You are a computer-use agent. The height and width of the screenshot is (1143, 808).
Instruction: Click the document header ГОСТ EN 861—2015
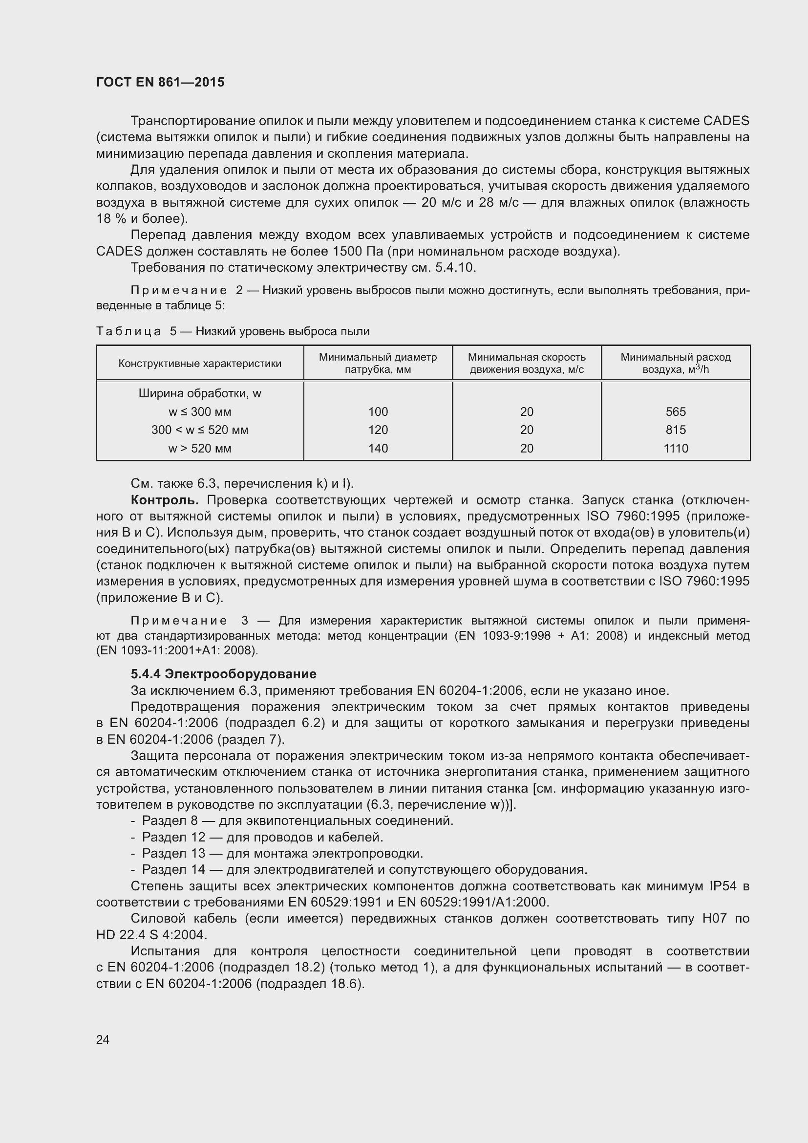(160, 83)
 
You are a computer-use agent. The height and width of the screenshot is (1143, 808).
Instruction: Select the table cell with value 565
(675, 411)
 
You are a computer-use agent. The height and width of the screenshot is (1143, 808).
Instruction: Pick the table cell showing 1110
(675, 449)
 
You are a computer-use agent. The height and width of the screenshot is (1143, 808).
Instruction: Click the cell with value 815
(675, 430)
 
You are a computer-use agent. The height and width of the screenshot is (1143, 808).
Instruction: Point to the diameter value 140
(378, 449)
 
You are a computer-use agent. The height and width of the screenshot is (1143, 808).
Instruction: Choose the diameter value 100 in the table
(378, 411)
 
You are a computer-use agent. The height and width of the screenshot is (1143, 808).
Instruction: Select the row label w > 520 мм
(199, 449)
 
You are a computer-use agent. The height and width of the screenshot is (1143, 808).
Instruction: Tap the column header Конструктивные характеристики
(199, 364)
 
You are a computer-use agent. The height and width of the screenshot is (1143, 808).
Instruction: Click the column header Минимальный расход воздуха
(675, 364)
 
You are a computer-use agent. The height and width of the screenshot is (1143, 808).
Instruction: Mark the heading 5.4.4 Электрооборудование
(223, 674)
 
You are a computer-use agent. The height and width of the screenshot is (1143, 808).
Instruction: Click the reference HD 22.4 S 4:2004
(151, 935)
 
